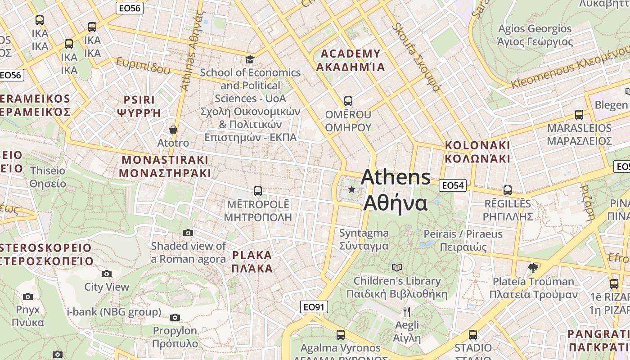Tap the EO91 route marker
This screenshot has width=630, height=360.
pyautogui.click(x=314, y=307)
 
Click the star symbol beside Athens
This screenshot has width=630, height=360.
pyautogui.click(x=351, y=189)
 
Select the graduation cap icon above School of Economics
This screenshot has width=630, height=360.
pyautogui.click(x=250, y=59)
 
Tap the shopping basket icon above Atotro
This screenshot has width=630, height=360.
pyautogui.click(x=173, y=130)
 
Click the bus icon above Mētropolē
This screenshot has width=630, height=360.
pyautogui.click(x=258, y=191)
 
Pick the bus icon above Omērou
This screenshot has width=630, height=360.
pyautogui.click(x=348, y=101)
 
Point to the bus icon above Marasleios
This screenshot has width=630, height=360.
pyautogui.click(x=579, y=114)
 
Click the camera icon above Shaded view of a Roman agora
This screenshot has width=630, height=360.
pyautogui.click(x=188, y=233)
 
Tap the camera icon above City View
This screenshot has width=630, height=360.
pyautogui.click(x=107, y=274)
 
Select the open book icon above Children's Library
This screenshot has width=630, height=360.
pyautogui.click(x=396, y=267)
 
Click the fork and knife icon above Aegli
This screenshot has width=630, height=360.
pyautogui.click(x=407, y=311)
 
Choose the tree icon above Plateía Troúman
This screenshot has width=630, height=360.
pyautogui.click(x=533, y=268)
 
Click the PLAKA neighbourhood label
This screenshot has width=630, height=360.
pyautogui.click(x=252, y=262)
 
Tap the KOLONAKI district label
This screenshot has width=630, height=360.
pyautogui.click(x=477, y=152)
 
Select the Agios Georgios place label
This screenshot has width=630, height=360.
pyautogui.click(x=535, y=35)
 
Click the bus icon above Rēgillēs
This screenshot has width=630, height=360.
pyautogui.click(x=508, y=190)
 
